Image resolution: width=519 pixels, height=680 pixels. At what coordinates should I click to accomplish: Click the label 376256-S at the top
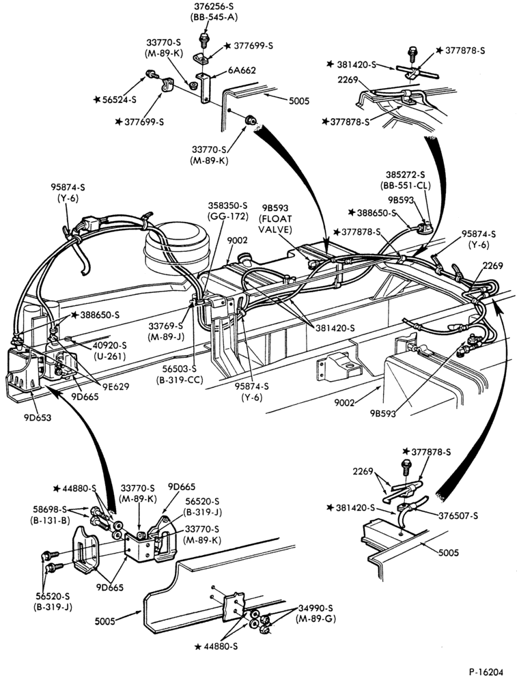[x=214, y=7]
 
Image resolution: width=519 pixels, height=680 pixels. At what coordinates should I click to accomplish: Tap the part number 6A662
[x=242, y=70]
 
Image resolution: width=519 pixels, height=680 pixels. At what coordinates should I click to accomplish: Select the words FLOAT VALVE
[x=275, y=224]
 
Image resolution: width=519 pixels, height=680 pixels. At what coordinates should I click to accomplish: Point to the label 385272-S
[x=406, y=175]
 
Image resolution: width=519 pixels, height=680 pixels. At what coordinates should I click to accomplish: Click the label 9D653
[x=38, y=418]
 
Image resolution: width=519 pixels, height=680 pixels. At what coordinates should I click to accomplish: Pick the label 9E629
[x=115, y=386]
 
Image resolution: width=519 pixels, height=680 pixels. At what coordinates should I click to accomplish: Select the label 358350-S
[x=227, y=205]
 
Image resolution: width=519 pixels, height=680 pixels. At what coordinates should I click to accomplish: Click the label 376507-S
[x=458, y=515]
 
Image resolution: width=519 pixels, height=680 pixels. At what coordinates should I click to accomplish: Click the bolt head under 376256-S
[x=204, y=36]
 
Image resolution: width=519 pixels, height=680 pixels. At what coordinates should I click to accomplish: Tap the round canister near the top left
[x=177, y=246]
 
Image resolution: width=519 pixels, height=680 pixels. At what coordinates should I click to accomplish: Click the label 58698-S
[x=49, y=509]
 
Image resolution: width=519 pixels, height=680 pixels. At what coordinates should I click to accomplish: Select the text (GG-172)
[x=227, y=216]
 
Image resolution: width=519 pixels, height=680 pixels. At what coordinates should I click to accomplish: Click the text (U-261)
[x=109, y=356]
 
